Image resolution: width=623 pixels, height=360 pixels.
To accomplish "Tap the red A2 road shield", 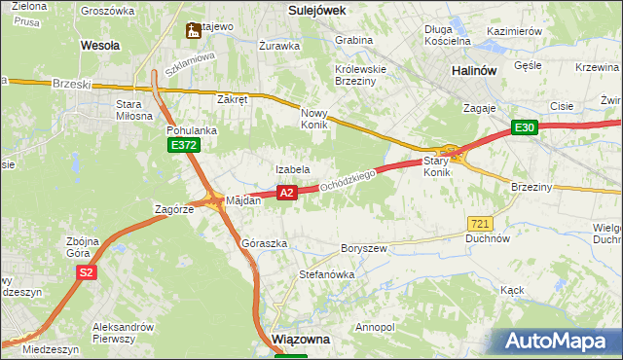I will tap(286, 194).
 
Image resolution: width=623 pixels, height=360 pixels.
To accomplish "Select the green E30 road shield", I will tap(526, 127).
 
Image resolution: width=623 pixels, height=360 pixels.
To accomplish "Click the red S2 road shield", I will tap(87, 272).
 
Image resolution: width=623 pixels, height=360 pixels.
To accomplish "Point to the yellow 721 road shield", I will tap(479, 223).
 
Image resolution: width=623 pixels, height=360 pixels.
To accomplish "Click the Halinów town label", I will tap(476, 72).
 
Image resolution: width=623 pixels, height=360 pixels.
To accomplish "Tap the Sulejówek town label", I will tap(320, 9).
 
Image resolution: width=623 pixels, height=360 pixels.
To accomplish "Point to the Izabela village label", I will tap(292, 169).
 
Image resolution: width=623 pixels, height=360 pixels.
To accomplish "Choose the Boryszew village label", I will tap(364, 248).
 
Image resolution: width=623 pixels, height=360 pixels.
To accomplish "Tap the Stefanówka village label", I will tap(326, 275).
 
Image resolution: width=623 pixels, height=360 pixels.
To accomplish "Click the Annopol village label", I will tap(377, 327).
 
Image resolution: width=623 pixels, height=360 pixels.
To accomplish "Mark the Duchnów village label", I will tap(488, 237).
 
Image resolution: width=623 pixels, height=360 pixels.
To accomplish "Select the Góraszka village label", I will tap(264, 243).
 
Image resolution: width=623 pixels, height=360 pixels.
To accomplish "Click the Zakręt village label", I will tap(234, 99).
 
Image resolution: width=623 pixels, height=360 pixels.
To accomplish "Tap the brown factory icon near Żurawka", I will tap(194, 31).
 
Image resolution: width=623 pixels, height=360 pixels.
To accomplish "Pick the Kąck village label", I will tap(512, 290).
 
